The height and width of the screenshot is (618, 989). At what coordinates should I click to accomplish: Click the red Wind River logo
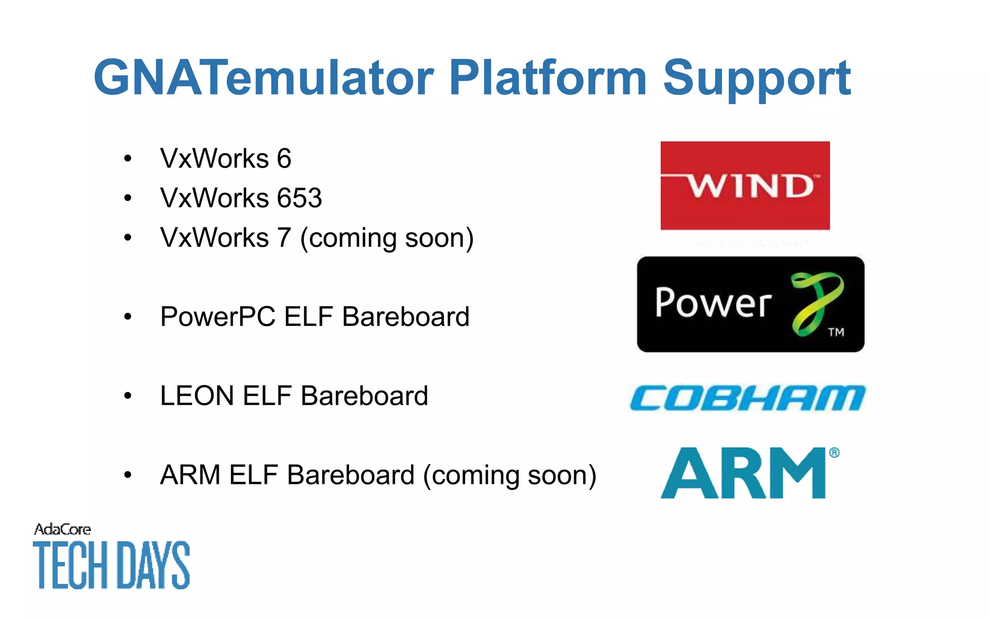point(745,185)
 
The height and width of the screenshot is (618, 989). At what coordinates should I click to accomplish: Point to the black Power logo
point(750,304)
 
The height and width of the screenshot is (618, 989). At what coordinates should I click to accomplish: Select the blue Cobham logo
point(748,398)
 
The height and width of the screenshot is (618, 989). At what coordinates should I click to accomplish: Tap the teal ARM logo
point(744,473)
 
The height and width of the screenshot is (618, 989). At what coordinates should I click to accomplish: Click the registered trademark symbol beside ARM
point(834,453)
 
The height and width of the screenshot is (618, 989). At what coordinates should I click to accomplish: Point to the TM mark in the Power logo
point(836,332)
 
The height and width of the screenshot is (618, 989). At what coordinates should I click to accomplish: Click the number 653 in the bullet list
point(299,198)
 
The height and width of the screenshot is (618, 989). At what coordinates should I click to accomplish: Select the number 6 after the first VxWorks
point(284,158)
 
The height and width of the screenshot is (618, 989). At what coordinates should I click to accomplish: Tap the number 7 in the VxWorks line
point(284,238)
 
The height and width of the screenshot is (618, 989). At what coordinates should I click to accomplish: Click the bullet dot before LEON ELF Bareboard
point(127,396)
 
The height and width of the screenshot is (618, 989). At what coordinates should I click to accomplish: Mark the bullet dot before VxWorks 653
point(127,198)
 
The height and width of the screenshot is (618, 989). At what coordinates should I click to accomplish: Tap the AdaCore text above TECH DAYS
point(62,530)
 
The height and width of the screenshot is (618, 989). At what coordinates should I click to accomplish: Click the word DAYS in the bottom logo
point(154,565)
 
